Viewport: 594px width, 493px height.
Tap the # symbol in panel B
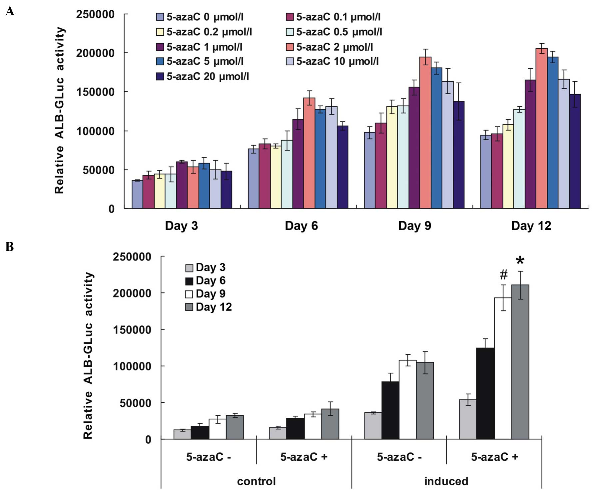[x=504, y=275]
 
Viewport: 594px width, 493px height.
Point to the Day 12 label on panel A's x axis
[x=531, y=226]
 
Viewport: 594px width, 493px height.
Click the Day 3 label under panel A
[x=181, y=226]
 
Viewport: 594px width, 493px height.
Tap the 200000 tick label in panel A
[x=95, y=53]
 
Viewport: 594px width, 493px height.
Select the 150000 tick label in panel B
[x=132, y=330]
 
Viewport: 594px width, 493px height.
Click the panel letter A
[x=10, y=12]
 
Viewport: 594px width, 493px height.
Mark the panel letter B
[x=9, y=247]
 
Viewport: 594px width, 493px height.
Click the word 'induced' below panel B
[x=446, y=481]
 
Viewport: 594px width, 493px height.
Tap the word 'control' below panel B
[x=256, y=481]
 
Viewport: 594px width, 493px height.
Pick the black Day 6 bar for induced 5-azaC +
[x=485, y=393]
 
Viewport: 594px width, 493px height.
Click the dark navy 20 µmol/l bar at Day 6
[x=342, y=167]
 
